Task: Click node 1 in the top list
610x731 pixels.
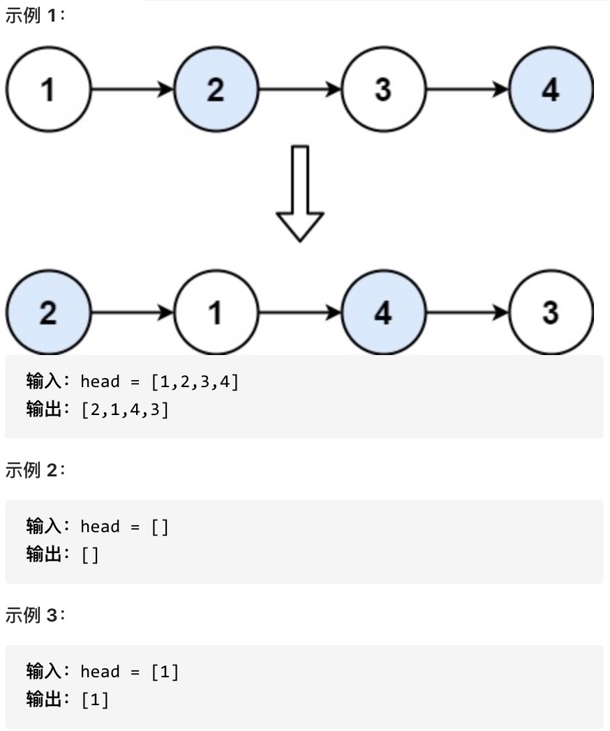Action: tap(48, 89)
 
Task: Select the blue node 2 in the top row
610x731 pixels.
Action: tap(216, 89)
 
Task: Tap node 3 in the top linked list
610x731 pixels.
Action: tap(383, 89)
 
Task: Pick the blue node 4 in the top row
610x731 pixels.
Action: tap(551, 89)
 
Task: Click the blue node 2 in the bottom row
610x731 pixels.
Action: tap(48, 313)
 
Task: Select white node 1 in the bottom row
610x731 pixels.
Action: tap(216, 313)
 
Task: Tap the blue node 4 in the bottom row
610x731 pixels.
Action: tap(383, 313)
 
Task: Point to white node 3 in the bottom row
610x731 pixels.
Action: tap(551, 313)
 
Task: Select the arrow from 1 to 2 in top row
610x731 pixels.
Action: tap(132, 89)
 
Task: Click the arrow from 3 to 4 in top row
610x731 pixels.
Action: tap(467, 89)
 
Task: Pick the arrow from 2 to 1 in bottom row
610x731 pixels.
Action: tap(132, 313)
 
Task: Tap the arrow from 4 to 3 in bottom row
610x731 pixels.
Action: tap(467, 313)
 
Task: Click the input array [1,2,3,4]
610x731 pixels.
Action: tap(195, 382)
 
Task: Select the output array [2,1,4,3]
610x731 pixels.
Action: tap(125, 409)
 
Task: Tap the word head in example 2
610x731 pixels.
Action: tap(100, 527)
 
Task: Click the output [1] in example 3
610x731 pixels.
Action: tap(95, 700)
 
